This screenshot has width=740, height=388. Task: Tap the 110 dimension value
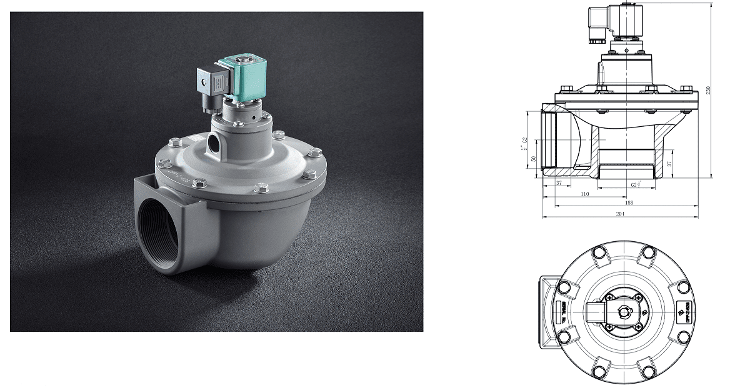585,194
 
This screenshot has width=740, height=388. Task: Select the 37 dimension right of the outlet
669,164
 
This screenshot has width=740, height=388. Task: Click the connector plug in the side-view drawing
595,25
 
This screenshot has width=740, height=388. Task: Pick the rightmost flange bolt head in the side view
686,88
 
